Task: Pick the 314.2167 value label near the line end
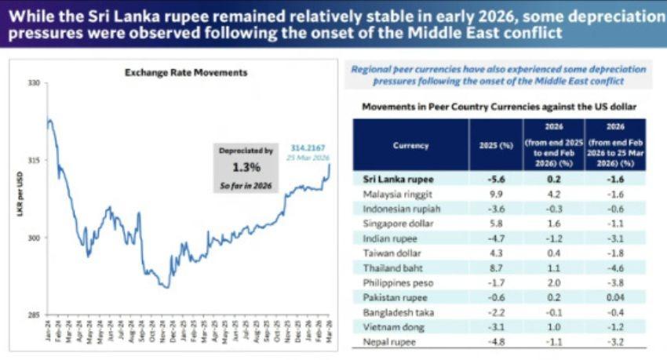coord(308,147)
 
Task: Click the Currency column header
coord(410,145)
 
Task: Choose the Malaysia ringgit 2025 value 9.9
coord(494,194)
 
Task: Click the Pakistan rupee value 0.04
coord(616,298)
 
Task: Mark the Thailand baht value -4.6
coord(616,268)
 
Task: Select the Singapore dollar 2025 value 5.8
coord(494,224)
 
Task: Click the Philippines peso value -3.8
coord(616,283)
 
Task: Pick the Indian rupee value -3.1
coord(616,238)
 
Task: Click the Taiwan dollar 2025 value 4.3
coord(494,253)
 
